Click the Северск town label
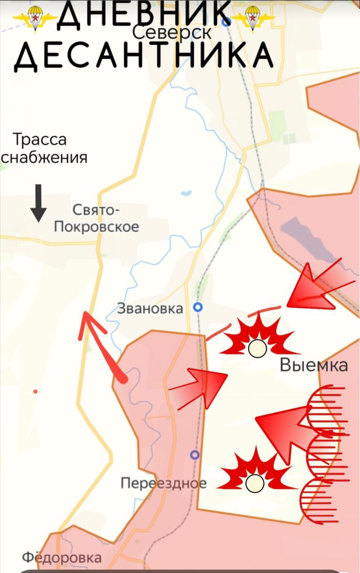[x=172, y=32]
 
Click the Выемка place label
[x=313, y=365]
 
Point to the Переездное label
[x=163, y=483]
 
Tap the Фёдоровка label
[x=62, y=558]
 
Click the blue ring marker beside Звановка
[x=197, y=307]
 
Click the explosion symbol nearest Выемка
[x=258, y=338]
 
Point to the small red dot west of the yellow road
[x=35, y=392]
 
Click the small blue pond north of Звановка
[x=186, y=194]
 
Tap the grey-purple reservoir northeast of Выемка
[x=309, y=239]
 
